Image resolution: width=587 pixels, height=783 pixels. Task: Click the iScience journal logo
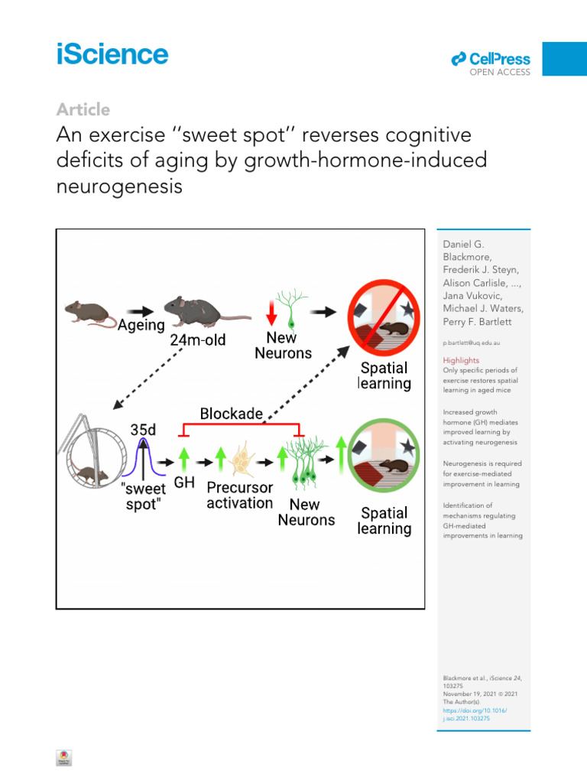click(x=112, y=54)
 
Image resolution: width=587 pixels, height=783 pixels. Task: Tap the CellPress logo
click(x=491, y=60)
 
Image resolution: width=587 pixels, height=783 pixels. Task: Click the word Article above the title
click(x=83, y=109)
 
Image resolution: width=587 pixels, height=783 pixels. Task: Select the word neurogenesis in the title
click(x=119, y=186)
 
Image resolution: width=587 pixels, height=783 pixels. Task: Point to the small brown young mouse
click(x=84, y=311)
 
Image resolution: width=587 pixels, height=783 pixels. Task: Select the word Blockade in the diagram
click(x=231, y=414)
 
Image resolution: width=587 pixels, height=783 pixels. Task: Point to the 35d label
click(x=143, y=430)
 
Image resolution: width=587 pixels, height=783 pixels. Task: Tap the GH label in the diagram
click(x=183, y=483)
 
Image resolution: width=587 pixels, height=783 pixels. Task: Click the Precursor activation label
click(x=239, y=495)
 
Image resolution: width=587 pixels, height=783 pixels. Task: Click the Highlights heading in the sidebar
click(x=462, y=360)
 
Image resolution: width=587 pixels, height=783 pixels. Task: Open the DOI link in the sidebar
click(x=475, y=715)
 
